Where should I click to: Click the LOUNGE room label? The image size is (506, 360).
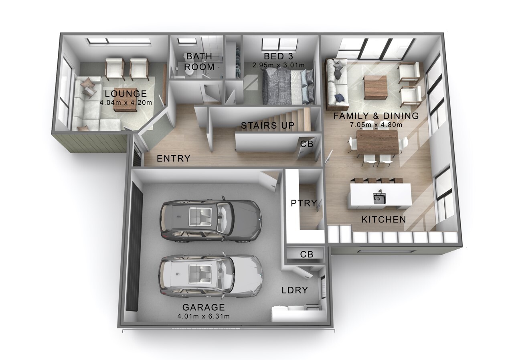tap(126, 93)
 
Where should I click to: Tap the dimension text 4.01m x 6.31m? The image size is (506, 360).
tap(204, 316)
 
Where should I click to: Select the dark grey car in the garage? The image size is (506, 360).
tap(210, 218)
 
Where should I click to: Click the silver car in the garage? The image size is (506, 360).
tap(211, 276)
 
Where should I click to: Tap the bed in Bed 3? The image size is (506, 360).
tap(288, 87)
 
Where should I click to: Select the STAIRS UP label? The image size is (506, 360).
tap(268, 125)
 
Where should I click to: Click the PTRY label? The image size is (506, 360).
tap(304, 203)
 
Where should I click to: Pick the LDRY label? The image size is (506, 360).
tap(295, 290)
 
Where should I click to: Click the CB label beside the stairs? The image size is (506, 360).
tap(307, 144)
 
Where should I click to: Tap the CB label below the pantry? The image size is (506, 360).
tap(307, 255)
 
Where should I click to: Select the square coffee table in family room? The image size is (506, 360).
tap(376, 87)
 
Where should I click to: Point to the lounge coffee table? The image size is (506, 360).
tap(126, 99)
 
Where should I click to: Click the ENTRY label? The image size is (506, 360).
tap(174, 158)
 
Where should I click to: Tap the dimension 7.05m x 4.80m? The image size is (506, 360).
tap(376, 125)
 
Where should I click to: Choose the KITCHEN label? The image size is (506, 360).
tap(384, 220)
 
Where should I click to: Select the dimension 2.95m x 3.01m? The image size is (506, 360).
tap(279, 65)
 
